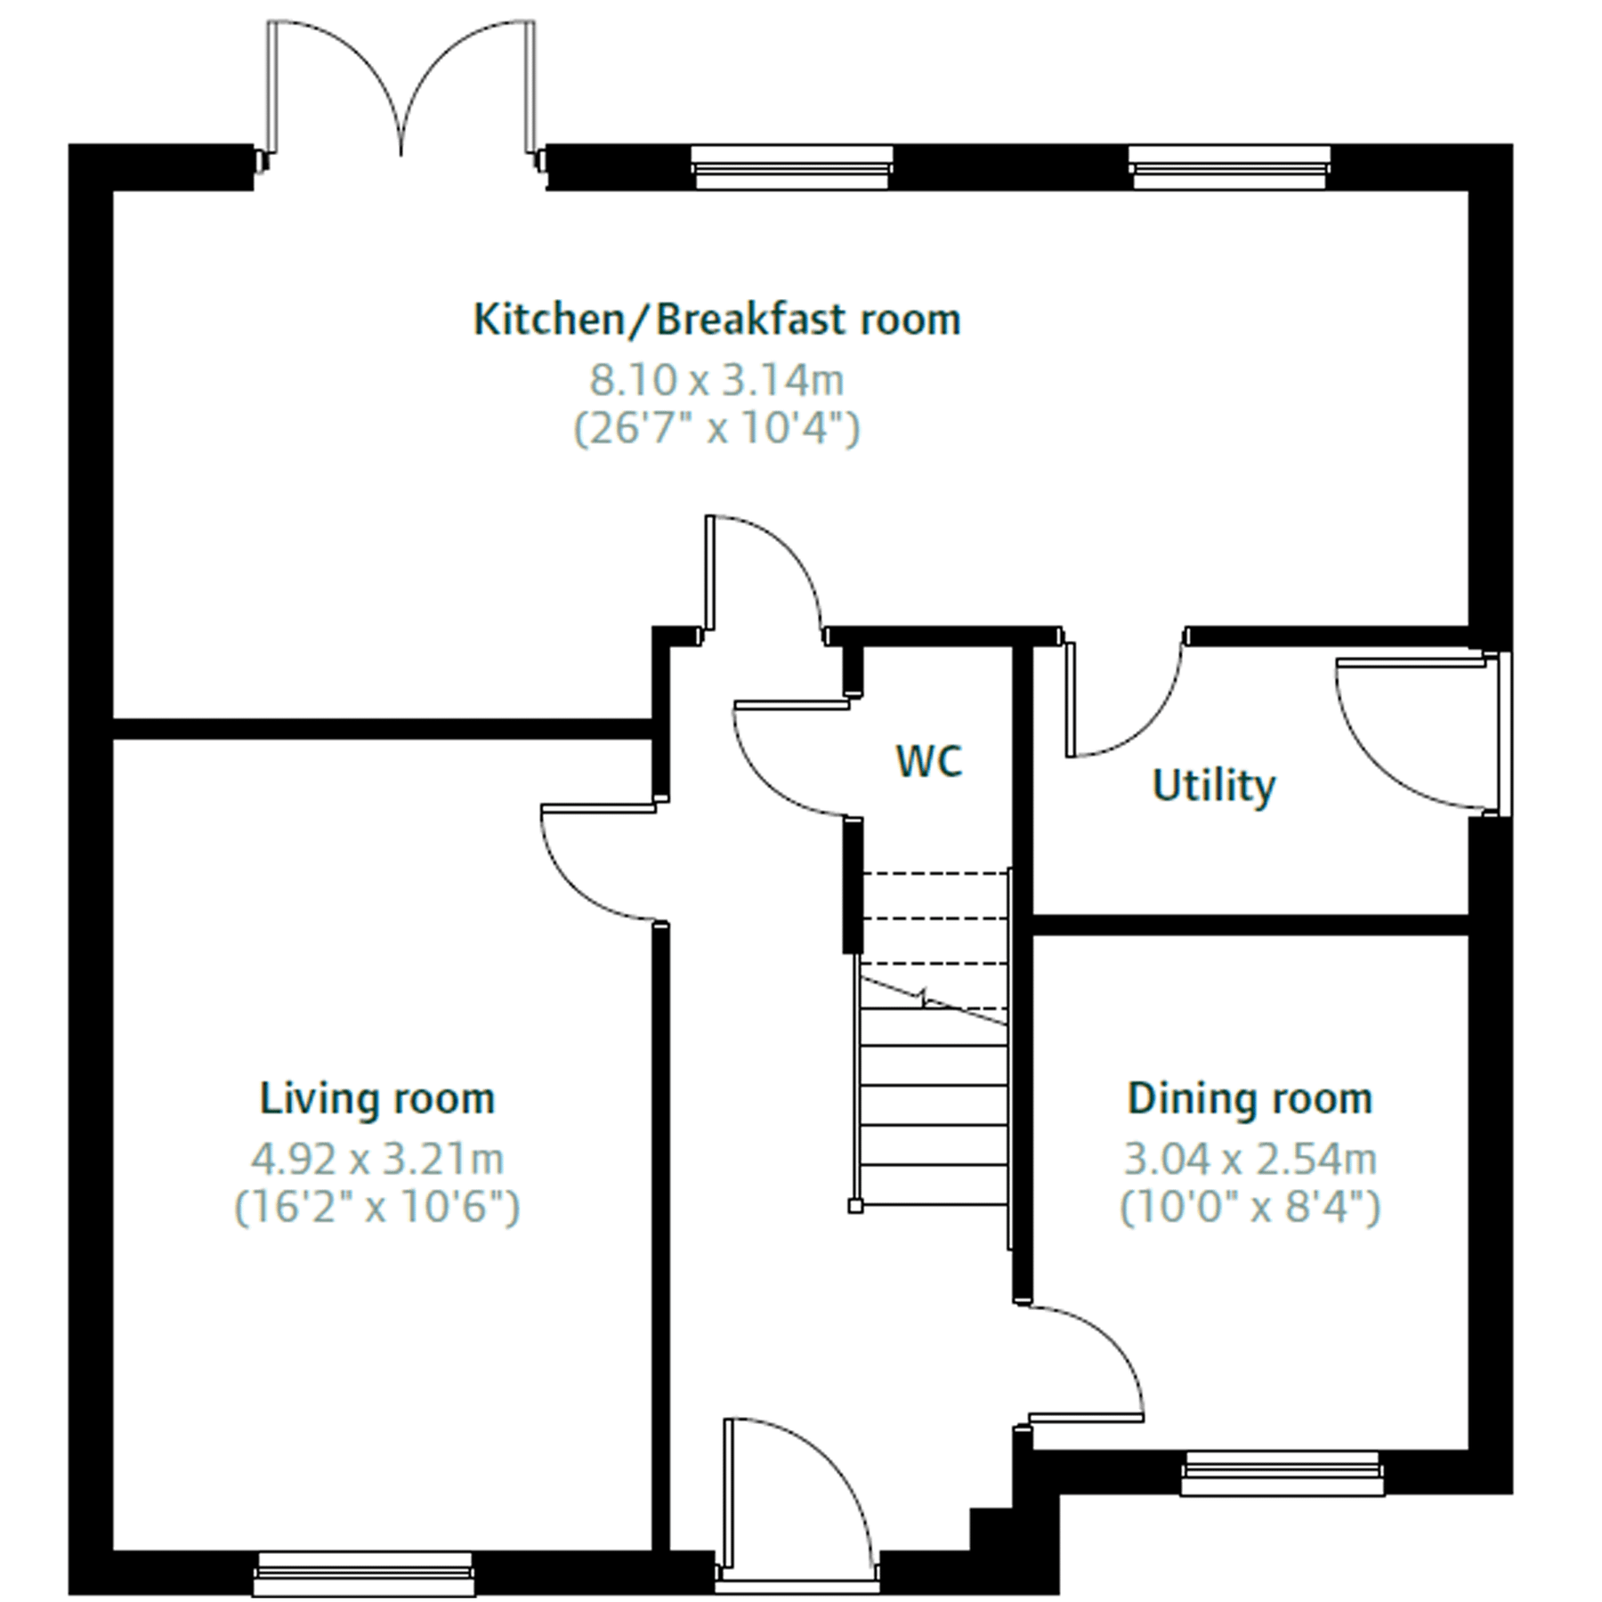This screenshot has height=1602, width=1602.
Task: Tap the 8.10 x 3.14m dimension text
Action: coord(716,381)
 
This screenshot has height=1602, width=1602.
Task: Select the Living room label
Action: coord(377,1099)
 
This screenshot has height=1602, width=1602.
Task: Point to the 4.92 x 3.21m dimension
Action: coord(377,1160)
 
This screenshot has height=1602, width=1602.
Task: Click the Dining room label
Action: coord(1250,1099)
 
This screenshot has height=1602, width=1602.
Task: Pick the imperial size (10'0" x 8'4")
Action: coord(1250,1209)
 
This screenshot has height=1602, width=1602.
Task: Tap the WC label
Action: coord(928,762)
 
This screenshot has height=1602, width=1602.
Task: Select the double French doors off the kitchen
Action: coord(401,89)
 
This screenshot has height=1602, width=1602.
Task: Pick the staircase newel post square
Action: coord(854,1207)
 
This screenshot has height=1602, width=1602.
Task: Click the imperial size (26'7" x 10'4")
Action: coord(716,430)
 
